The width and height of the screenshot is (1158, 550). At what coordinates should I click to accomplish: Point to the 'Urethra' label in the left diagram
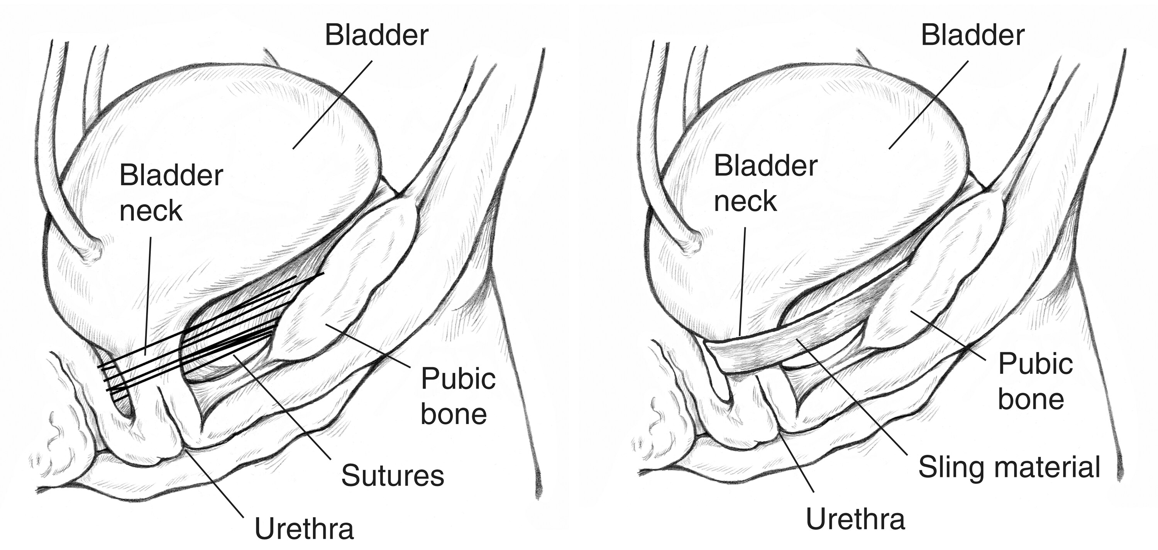tap(304, 528)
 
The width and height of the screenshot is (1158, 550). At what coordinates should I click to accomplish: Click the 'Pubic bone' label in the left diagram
tap(458, 396)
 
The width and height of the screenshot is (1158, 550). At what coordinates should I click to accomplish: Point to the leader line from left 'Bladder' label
tap(333, 105)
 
